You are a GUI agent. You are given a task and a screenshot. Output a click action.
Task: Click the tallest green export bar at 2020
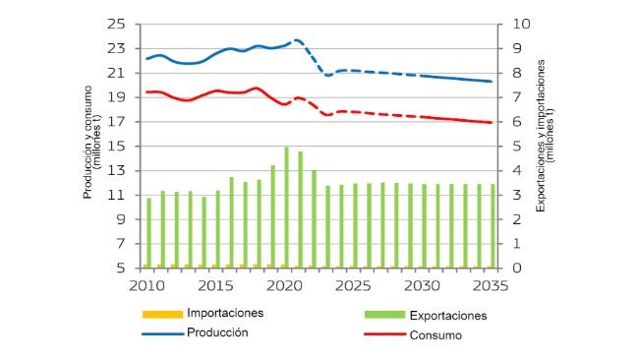tap(286, 208)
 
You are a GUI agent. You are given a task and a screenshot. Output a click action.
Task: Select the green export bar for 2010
tap(148, 233)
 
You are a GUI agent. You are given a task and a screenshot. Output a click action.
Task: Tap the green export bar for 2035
tap(493, 226)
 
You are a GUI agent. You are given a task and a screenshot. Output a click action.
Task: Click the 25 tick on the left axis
tap(118, 24)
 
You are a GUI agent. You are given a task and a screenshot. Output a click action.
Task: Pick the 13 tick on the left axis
tap(118, 171)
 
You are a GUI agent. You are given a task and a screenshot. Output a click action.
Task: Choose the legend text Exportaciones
tap(447, 317)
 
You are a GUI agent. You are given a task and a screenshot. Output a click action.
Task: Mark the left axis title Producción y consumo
tap(90, 146)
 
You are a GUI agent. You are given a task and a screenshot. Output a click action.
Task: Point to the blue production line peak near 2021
tap(294, 40)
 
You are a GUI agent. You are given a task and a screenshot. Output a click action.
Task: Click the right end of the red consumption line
tap(492, 123)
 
